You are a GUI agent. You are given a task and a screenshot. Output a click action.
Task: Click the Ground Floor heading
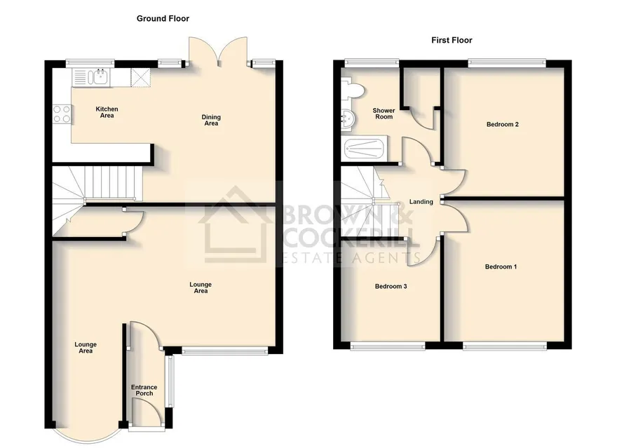pyautogui.click(x=163, y=18)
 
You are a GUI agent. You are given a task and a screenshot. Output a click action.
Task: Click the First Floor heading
pyautogui.click(x=452, y=40)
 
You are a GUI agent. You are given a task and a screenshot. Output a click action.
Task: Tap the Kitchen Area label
pyautogui.click(x=107, y=112)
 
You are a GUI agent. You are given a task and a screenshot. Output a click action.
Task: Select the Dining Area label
pyautogui.click(x=211, y=120)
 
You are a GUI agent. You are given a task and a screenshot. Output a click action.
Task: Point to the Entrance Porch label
pyautogui.click(x=144, y=391)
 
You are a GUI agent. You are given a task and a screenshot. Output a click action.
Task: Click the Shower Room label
pyautogui.click(x=384, y=114)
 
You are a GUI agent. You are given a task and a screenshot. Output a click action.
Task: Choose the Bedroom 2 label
pyautogui.click(x=503, y=124)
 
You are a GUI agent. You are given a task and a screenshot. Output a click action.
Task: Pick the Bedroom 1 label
pyautogui.click(x=501, y=266)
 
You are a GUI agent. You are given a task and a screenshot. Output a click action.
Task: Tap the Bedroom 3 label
pyautogui.click(x=391, y=286)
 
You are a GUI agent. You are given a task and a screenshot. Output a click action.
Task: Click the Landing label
pyautogui.click(x=421, y=202)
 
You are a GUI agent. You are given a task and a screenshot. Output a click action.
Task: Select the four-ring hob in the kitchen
pyautogui.click(x=62, y=114)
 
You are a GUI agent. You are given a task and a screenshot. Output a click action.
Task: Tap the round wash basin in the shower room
pyautogui.click(x=348, y=118)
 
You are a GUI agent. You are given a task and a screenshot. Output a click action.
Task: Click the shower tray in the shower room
pyautogui.click(x=364, y=149)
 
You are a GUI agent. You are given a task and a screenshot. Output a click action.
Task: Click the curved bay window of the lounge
pyautogui.click(x=88, y=437)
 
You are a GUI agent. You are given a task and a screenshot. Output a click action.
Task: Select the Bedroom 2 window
pyautogui.click(x=507, y=62)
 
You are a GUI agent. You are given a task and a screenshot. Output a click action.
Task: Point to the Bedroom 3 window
pyautogui.click(x=388, y=346)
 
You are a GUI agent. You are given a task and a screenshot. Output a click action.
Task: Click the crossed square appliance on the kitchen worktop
pyautogui.click(x=140, y=77)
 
